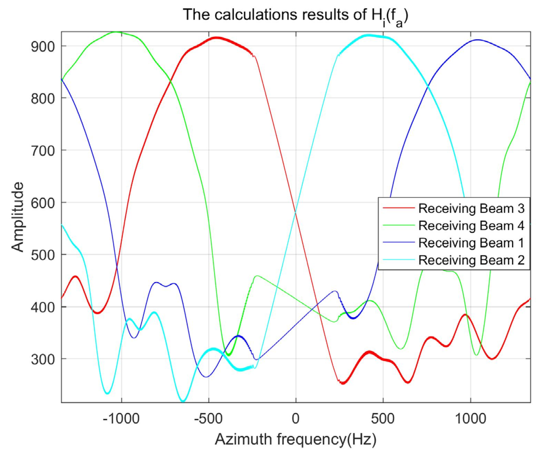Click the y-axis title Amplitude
point(18,217)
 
